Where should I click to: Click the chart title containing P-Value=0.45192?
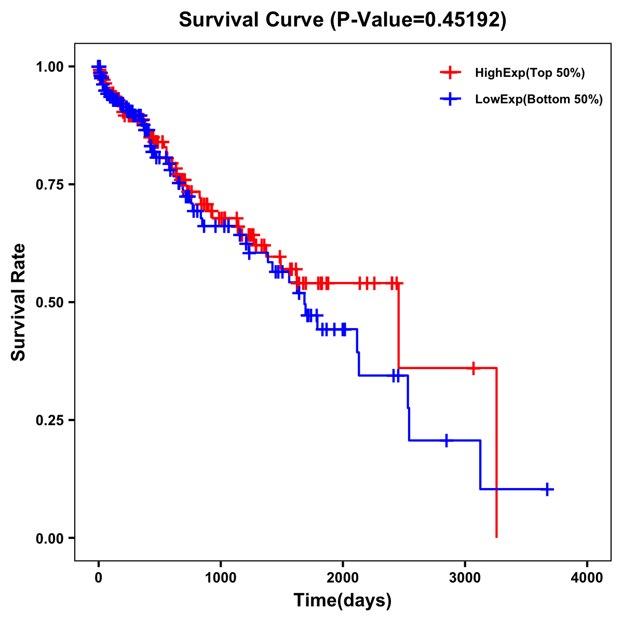click(342, 20)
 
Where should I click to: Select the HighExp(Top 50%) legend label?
click(530, 73)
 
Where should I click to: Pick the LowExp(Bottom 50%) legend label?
click(539, 100)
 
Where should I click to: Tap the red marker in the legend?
click(450, 73)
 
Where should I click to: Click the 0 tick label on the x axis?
click(99, 578)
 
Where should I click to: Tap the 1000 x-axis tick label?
click(221, 578)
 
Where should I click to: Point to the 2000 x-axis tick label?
click(343, 578)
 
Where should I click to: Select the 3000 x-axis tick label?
click(465, 578)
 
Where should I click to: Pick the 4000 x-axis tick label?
click(587, 578)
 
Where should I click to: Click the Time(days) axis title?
click(343, 601)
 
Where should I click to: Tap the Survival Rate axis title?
click(19, 302)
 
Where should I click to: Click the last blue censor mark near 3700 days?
click(547, 489)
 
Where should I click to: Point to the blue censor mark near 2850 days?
click(446, 440)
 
